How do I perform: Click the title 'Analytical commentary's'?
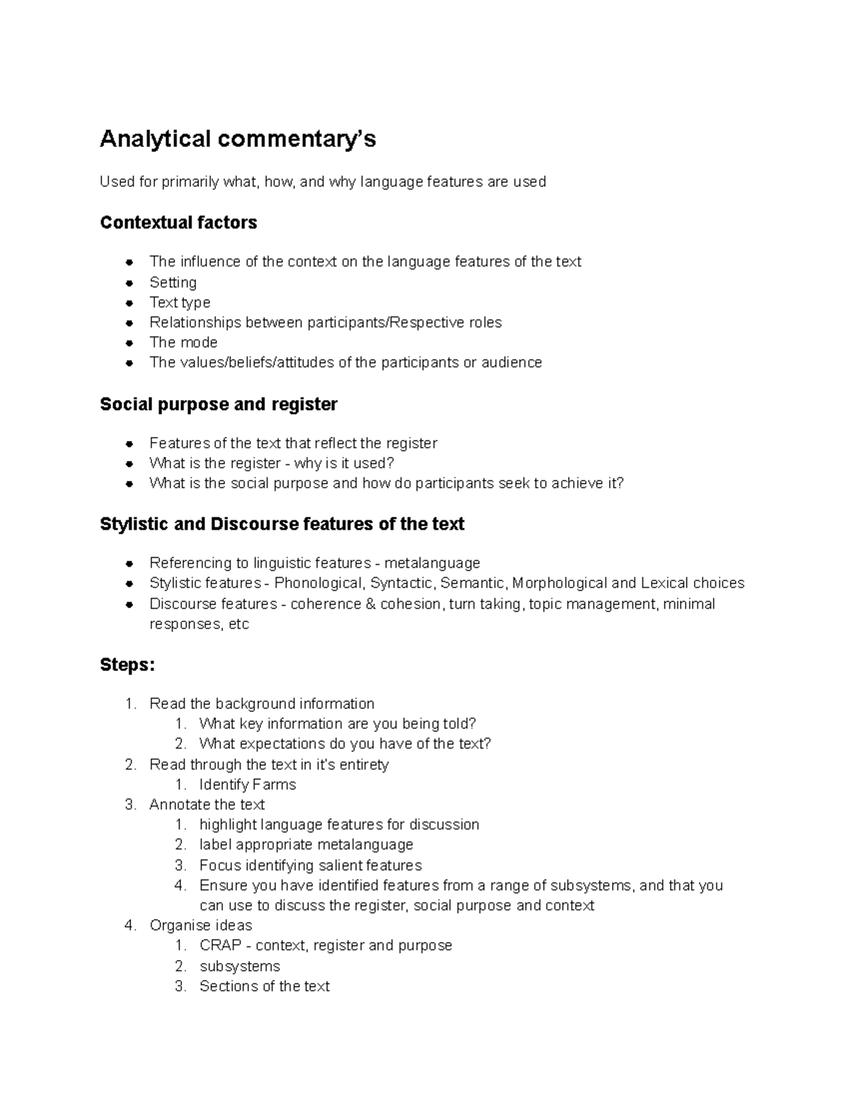click(x=238, y=139)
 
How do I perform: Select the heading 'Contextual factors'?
click(x=178, y=223)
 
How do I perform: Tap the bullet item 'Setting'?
click(x=173, y=283)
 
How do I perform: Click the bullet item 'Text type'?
click(x=180, y=303)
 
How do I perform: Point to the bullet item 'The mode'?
click(x=183, y=342)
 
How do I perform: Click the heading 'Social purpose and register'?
click(x=219, y=404)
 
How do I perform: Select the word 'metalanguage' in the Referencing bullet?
click(x=432, y=563)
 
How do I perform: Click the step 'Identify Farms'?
click(x=248, y=785)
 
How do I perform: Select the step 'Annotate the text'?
click(x=207, y=805)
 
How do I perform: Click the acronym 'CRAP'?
click(x=221, y=945)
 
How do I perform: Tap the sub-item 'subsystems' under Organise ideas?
click(x=240, y=966)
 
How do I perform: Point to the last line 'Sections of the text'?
click(x=265, y=986)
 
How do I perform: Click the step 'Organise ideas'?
click(x=201, y=925)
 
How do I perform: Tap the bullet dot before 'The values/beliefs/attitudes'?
click(x=129, y=363)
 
